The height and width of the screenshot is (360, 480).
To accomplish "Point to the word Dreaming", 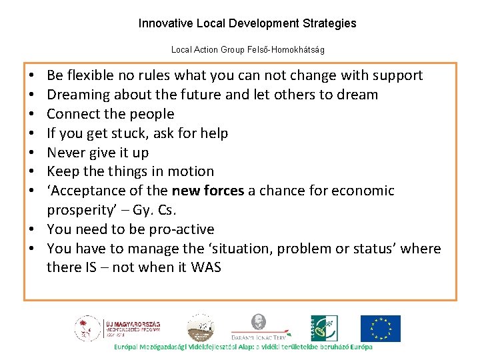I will coord(77,95).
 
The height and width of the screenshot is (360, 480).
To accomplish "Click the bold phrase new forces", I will coord(208,191).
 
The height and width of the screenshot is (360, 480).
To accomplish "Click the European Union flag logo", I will coord(381,328).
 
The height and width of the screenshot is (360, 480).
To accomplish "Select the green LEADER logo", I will coord(324,328).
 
